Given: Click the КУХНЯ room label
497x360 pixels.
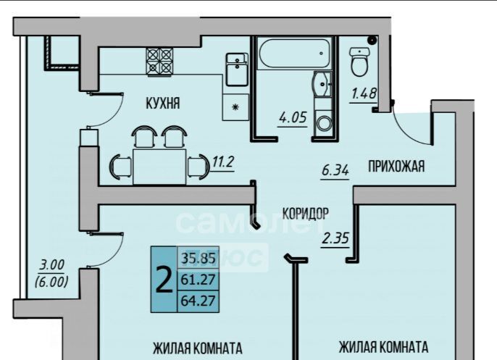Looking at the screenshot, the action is point(162,104).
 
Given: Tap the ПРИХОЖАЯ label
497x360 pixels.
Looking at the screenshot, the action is point(396,167).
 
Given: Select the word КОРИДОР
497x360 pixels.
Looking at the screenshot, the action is point(306,213).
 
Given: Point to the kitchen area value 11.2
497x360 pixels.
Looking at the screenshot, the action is point(223,162).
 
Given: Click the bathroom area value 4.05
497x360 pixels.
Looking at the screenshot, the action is point(293,117).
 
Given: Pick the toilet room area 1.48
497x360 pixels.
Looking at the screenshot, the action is point(364,94).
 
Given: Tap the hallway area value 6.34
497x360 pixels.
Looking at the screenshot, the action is point(335,170).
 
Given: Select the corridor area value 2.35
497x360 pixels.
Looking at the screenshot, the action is point(335,238).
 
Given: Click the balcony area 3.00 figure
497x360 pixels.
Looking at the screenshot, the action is point(51,265).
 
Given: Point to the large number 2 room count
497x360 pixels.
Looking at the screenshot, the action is point(164,280).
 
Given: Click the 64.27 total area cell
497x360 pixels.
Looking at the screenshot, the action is point(198,301).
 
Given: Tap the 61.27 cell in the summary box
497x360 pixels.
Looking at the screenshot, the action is point(198,280).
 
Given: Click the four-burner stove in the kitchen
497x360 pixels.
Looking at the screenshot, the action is point(159,61).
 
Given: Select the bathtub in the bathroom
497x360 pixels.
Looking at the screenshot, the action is point(295,53).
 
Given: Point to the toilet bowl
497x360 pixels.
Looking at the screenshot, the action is point(360,62).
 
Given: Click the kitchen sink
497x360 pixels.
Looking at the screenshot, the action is point(237,70).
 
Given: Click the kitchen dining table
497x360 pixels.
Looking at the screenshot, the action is point(159,167).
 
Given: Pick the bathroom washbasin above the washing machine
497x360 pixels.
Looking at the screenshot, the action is point(322,84).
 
